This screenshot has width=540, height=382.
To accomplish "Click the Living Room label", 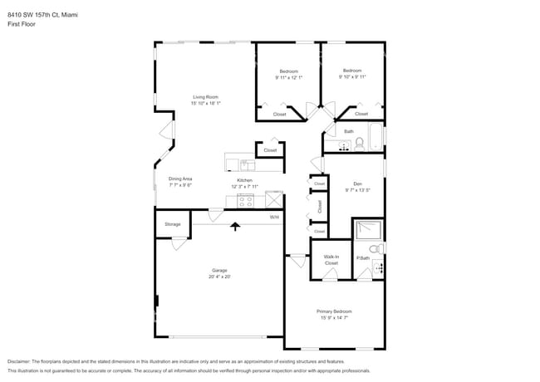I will (x=205, y=96).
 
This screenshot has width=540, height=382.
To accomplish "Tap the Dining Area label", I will (x=180, y=179).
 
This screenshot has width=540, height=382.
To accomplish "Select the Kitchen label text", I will (x=244, y=180).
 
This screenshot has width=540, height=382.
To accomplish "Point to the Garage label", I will (x=219, y=271).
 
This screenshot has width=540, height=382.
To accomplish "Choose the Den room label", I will (x=357, y=184).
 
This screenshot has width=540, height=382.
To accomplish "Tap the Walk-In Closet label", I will (x=331, y=260).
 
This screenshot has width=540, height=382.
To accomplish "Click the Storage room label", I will (x=172, y=224).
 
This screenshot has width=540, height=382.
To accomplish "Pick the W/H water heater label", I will (x=274, y=218).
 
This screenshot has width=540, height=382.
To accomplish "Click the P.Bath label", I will (x=363, y=258).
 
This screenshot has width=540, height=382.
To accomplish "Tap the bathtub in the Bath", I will (x=375, y=138).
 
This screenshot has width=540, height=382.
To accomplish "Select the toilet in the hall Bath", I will (x=359, y=144).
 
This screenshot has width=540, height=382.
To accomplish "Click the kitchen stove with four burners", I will (x=246, y=200).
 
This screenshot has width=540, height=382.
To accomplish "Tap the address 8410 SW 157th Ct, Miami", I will (x=42, y=13).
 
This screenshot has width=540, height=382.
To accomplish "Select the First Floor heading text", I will (x=22, y=24).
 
